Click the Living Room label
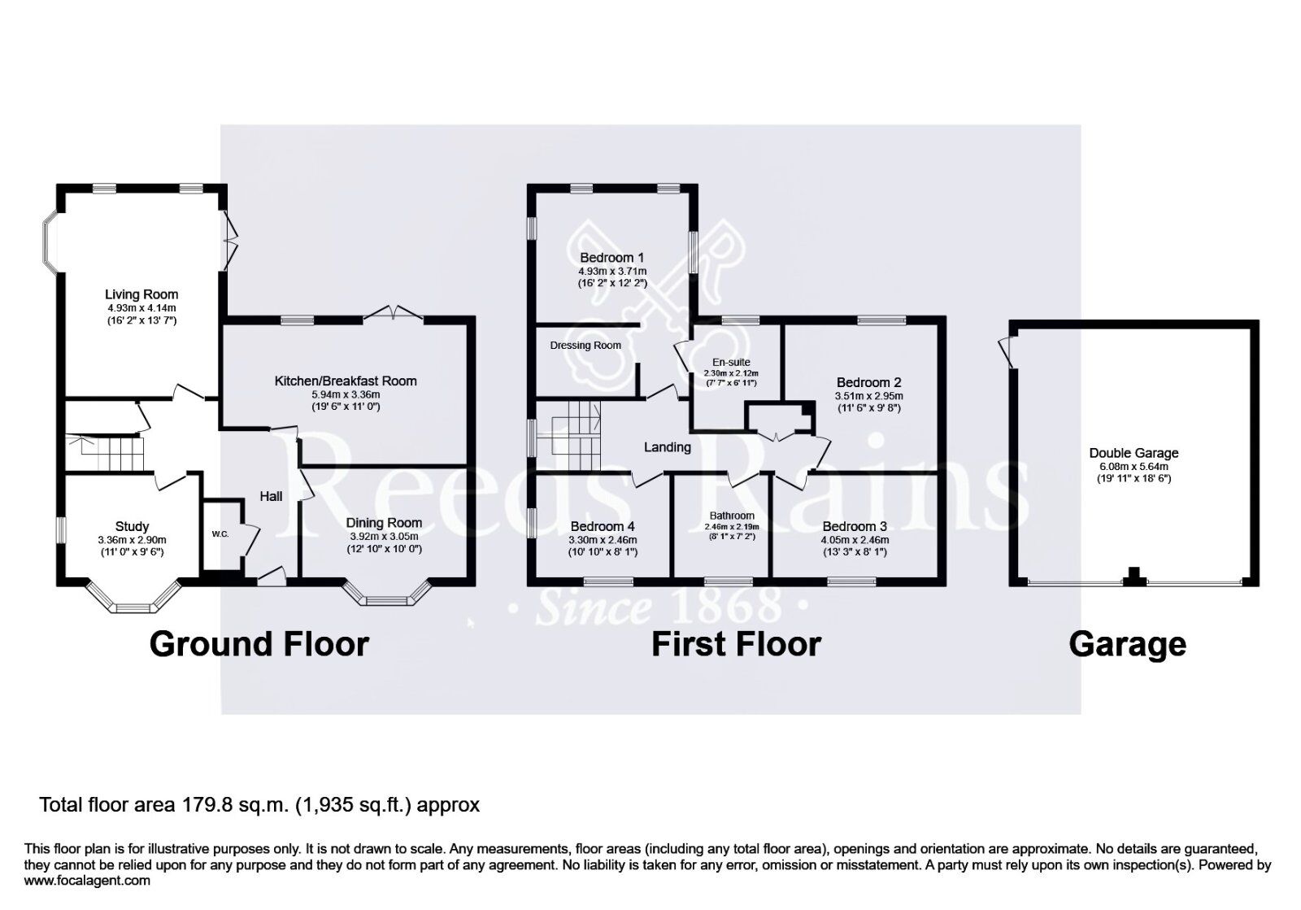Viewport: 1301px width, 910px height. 141,294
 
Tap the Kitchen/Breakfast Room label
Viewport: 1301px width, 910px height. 346,381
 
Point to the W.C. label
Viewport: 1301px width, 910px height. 220,534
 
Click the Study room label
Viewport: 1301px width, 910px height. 132,526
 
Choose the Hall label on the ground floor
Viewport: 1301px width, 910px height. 271,496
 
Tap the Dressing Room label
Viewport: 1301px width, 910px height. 585,346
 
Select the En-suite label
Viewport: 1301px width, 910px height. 731,362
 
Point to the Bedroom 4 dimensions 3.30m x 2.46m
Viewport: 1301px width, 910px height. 603,540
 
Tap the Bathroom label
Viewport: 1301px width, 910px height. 732,516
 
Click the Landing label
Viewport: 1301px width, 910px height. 668,447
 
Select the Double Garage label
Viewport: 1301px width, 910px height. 1133,454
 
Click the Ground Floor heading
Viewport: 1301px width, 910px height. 259,644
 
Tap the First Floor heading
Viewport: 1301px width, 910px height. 736,644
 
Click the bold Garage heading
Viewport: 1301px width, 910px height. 1127,644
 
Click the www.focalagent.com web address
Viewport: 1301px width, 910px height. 87,880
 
